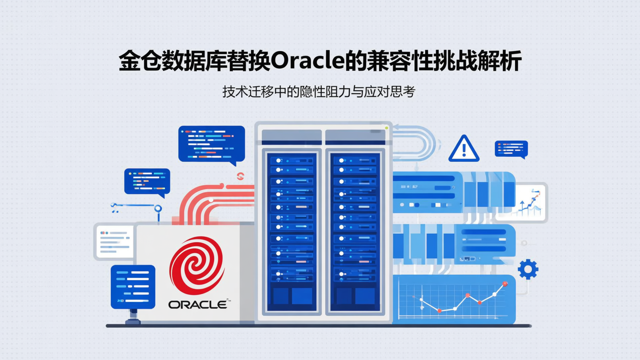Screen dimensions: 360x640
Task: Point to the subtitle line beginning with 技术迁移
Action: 319,92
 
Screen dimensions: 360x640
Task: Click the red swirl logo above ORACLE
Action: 196,266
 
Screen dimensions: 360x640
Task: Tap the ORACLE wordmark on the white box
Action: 198,304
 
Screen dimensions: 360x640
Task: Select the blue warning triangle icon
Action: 464,149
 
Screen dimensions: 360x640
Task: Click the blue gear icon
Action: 528,269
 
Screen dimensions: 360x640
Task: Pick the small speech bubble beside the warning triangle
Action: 511,149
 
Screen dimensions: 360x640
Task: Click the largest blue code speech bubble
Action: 212,144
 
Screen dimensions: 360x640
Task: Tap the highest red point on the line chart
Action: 504,284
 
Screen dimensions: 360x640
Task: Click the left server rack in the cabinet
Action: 292,231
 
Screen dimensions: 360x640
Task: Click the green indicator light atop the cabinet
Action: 387,128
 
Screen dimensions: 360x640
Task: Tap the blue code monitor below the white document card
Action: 132,287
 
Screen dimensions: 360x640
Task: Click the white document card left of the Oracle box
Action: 114,241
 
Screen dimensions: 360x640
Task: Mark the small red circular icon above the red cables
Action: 240,176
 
